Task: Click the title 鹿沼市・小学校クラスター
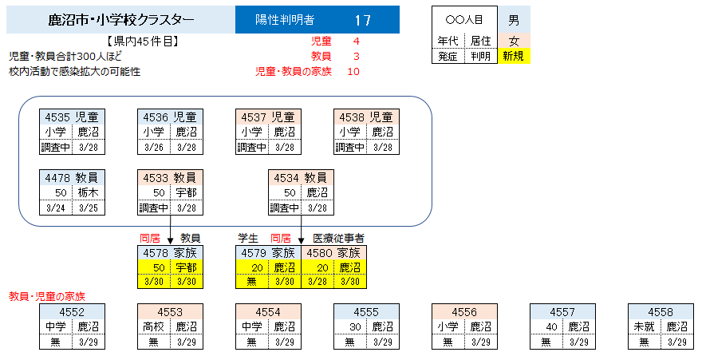click(x=120, y=19)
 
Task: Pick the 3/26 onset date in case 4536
click(x=154, y=147)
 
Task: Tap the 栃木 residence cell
click(x=89, y=192)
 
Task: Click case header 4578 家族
click(x=170, y=253)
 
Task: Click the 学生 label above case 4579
click(x=249, y=238)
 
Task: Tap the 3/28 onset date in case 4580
click(x=317, y=282)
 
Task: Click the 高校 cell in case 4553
click(x=153, y=326)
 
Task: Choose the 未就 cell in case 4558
click(x=644, y=326)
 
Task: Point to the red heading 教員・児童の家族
click(x=46, y=296)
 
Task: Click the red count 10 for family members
click(x=353, y=71)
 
